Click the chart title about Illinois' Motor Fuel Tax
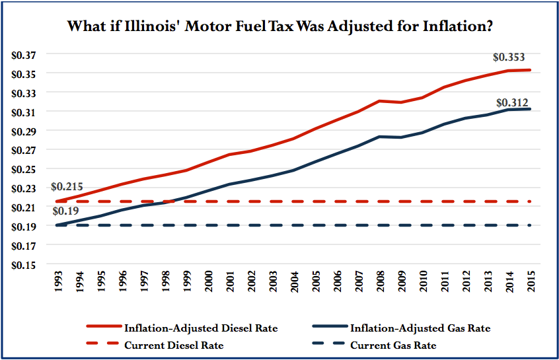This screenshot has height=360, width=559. pos(280,28)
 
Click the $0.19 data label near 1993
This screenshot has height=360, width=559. pos(64,211)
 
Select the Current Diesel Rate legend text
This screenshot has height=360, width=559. pos(174,345)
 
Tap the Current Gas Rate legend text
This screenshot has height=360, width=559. pos(393,345)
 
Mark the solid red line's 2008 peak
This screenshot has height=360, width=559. pos(381,101)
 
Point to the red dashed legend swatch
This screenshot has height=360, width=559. pos(103,345)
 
